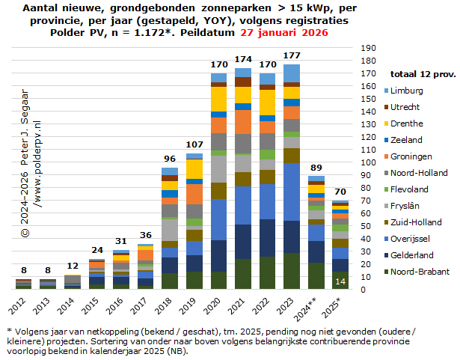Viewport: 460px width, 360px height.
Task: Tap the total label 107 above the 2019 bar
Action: pyautogui.click(x=195, y=144)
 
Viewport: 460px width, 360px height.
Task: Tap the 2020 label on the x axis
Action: pyautogui.click(x=216, y=306)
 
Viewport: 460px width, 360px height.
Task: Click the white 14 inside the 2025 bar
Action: pyautogui.click(x=340, y=281)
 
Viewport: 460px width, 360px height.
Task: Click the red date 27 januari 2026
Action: pyautogui.click(x=284, y=33)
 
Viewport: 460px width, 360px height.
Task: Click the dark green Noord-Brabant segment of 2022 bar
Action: pyautogui.click(x=268, y=272)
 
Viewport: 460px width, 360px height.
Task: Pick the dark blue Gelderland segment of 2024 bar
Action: pyautogui.click(x=316, y=252)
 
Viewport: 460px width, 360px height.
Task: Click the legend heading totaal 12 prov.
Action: pyautogui.click(x=422, y=74)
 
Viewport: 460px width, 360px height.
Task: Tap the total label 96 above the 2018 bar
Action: pyautogui.click(x=171, y=159)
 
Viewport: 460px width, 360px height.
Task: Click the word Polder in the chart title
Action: pyautogui.click(x=66, y=33)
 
